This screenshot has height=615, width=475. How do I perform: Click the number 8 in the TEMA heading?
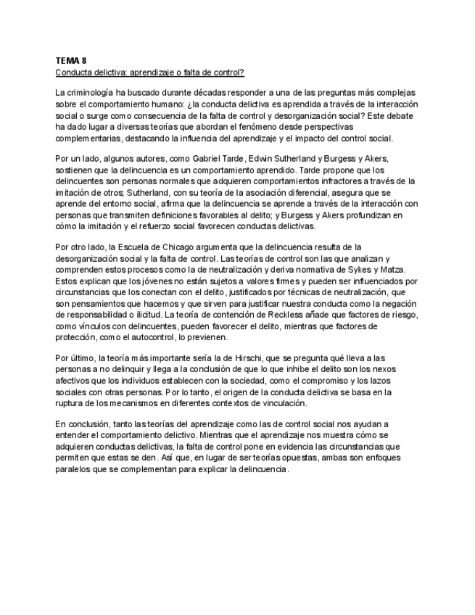pyautogui.click(x=83, y=62)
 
